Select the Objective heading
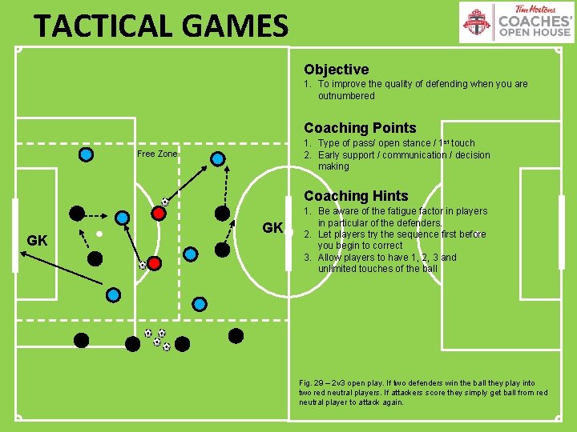[x=336, y=70]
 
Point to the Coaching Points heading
[x=360, y=128]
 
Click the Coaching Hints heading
[x=356, y=196]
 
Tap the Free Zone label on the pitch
[x=157, y=154]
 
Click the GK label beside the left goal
[x=37, y=240]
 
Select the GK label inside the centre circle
[x=272, y=228]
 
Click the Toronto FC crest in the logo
[x=478, y=22]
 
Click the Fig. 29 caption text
[x=423, y=392]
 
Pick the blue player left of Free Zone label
[x=86, y=153]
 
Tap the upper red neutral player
[x=159, y=214]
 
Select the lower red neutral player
[x=155, y=262]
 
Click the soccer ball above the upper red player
[x=164, y=202]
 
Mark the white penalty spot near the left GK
[x=98, y=234]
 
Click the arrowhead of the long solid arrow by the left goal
[x=22, y=253]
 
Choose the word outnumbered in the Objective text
[x=346, y=96]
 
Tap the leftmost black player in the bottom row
[x=81, y=340]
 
